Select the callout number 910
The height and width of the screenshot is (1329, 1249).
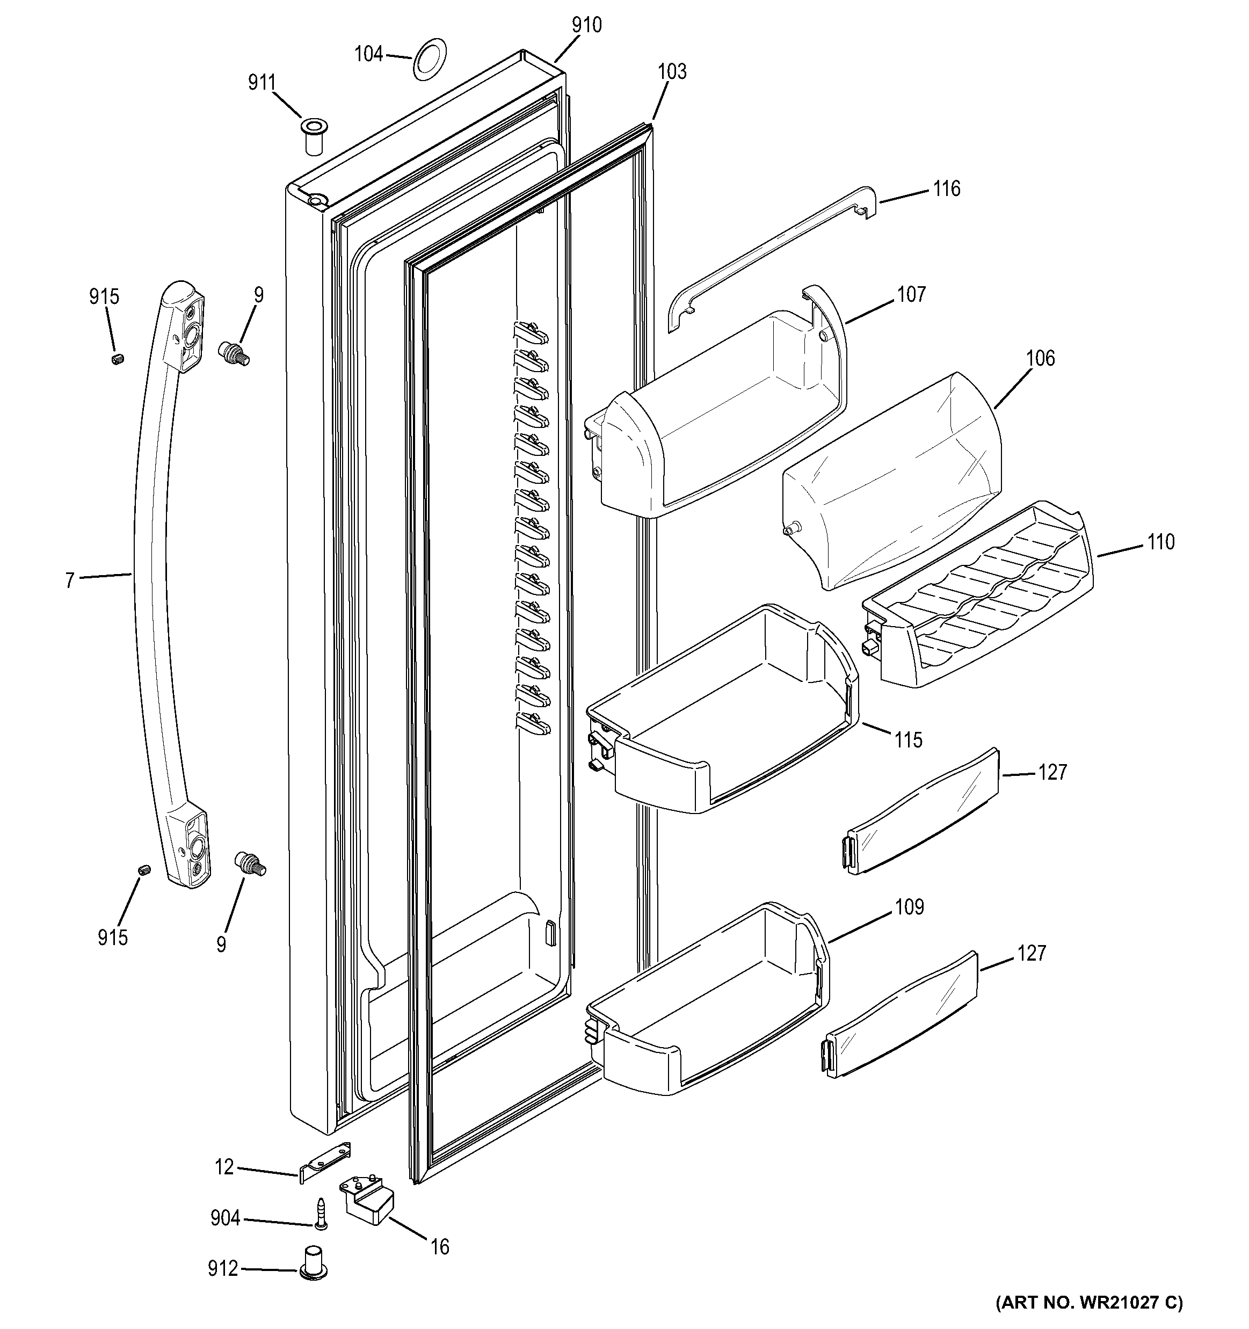coord(586,25)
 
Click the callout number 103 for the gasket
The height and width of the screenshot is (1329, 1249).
coord(671,71)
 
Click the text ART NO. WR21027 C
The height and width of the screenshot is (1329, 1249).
coord(1088,1302)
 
